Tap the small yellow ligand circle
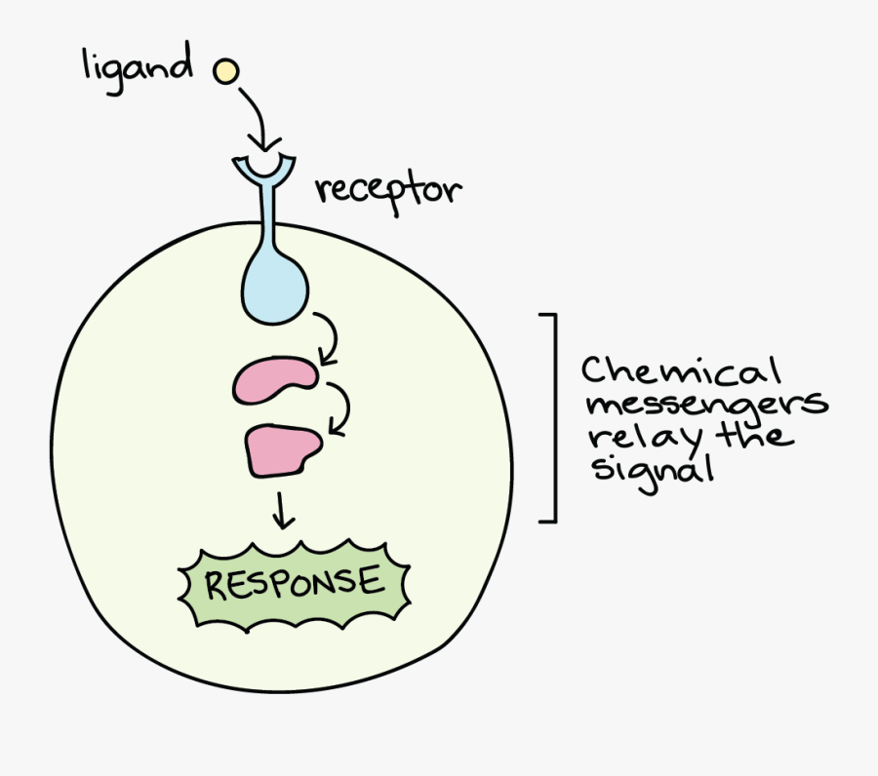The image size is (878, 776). click(x=225, y=70)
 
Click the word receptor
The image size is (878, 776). click(x=386, y=190)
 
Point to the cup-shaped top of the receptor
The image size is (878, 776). click(x=264, y=169)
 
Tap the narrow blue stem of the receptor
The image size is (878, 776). click(x=265, y=219)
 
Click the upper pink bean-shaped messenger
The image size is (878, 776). click(x=274, y=379)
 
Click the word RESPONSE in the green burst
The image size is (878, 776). click(x=293, y=584)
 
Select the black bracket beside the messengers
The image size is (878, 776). click(x=552, y=418)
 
